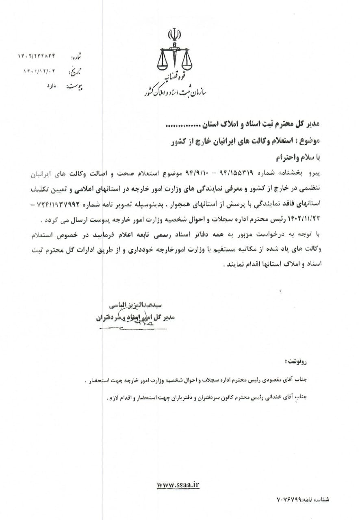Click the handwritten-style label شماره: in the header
(76, 57)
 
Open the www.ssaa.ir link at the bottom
(178, 484)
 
